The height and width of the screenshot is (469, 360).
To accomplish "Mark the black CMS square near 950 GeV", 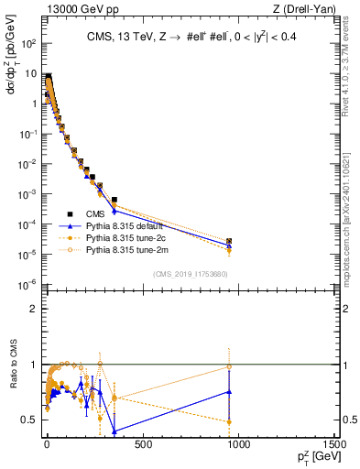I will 229,241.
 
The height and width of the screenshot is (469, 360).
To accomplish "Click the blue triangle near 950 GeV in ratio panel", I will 229,391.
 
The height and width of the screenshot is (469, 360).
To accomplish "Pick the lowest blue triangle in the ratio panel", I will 115,431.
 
